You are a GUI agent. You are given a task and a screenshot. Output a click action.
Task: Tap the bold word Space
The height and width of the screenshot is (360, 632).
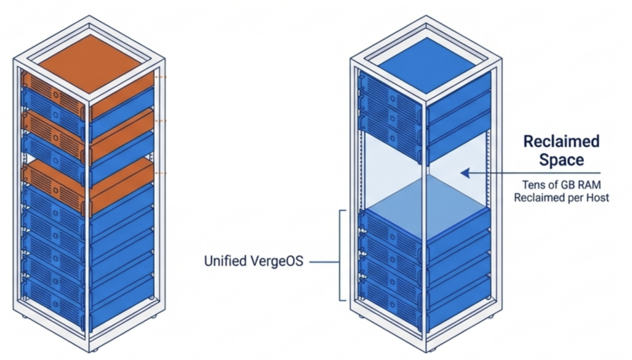click(x=561, y=160)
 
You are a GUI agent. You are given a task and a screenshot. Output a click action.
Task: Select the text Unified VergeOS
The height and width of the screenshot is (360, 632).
click(x=254, y=261)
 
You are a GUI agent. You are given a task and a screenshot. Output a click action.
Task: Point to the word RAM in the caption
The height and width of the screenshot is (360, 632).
click(x=593, y=185)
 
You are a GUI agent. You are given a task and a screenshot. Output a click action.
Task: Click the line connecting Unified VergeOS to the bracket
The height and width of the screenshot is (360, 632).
click(x=325, y=262)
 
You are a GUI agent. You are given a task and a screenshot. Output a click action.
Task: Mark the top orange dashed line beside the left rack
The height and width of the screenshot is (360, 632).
click(x=161, y=77)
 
